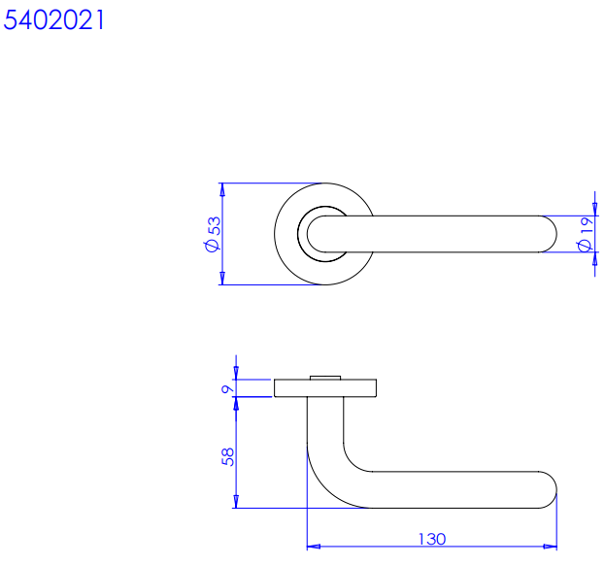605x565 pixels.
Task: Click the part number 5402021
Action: click(53, 19)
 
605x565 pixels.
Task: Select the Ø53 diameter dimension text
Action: click(214, 234)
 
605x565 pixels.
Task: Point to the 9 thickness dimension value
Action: click(227, 388)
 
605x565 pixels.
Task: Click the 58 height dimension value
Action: click(228, 457)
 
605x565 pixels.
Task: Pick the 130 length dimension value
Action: click(432, 539)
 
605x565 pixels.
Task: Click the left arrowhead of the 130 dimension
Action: click(314, 547)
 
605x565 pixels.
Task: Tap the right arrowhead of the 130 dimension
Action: click(551, 547)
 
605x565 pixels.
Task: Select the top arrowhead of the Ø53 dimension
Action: click(222, 189)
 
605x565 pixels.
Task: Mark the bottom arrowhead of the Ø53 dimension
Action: click(222, 278)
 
